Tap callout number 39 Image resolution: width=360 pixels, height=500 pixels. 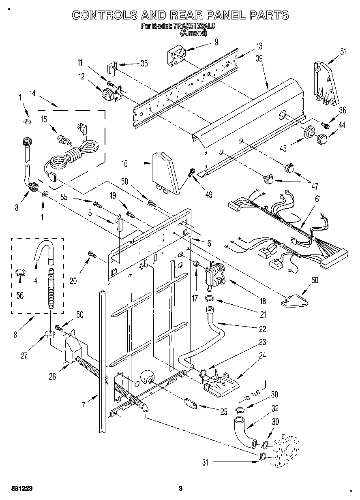click(259, 58)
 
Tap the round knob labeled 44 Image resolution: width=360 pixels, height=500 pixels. click(323, 139)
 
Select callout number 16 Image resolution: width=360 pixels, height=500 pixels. click(124, 164)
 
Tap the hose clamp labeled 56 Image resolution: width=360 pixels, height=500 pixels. click(19, 273)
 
